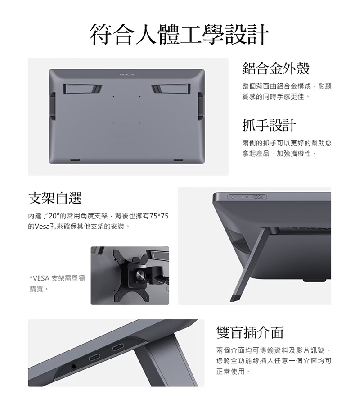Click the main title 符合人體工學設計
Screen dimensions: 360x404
(x=180, y=34)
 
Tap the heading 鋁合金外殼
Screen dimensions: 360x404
(x=276, y=68)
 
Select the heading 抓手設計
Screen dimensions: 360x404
(x=269, y=125)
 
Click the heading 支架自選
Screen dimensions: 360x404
(x=55, y=198)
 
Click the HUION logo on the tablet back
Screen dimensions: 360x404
(x=127, y=74)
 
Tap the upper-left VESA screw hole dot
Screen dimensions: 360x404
(x=113, y=97)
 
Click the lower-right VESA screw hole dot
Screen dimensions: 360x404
(x=140, y=123)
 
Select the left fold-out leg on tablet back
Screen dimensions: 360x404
(x=83, y=88)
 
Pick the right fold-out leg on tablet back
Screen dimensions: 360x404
(x=171, y=88)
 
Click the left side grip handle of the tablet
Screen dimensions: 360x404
(x=52, y=106)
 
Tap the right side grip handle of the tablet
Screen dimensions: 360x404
(x=201, y=106)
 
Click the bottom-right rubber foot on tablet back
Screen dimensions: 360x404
(x=179, y=160)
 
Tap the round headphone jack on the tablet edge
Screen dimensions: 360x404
(x=73, y=366)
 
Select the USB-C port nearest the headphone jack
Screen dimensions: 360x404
(x=95, y=359)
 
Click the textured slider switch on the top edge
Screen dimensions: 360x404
(x=259, y=197)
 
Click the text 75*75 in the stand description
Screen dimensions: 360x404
(x=159, y=216)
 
